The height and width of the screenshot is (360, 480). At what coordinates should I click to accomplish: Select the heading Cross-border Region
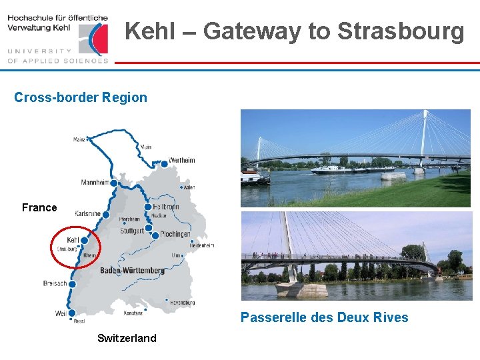click(81, 97)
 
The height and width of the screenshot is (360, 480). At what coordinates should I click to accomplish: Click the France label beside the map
click(39, 208)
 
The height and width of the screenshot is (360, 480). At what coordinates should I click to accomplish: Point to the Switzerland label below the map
click(127, 338)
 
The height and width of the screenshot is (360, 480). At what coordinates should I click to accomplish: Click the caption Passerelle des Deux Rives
click(324, 317)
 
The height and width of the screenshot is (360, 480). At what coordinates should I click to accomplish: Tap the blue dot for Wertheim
click(164, 163)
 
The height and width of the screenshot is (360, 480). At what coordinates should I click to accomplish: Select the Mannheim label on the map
click(95, 182)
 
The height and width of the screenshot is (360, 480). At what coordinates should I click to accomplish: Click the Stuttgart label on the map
click(132, 231)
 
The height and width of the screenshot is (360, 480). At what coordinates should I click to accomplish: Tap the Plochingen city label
click(175, 235)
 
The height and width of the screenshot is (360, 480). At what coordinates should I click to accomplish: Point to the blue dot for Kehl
click(84, 241)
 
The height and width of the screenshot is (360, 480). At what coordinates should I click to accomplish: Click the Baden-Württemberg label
click(132, 271)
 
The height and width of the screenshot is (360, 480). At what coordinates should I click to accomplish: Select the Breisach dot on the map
click(72, 284)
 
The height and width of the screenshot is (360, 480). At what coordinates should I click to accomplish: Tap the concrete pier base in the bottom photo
click(301, 289)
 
